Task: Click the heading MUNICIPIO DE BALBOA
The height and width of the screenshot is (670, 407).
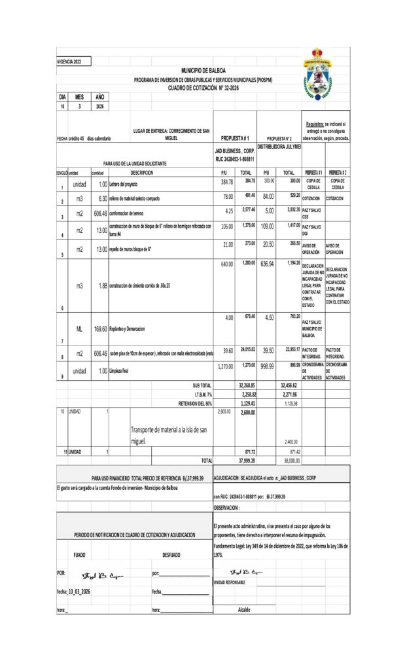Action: pos(203,71)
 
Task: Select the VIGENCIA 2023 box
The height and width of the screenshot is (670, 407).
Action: pos(74,62)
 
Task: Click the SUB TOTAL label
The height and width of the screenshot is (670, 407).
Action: pos(201,386)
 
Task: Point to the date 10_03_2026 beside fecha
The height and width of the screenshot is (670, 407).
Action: pos(79,591)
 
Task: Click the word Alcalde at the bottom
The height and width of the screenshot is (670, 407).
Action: pos(244,609)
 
